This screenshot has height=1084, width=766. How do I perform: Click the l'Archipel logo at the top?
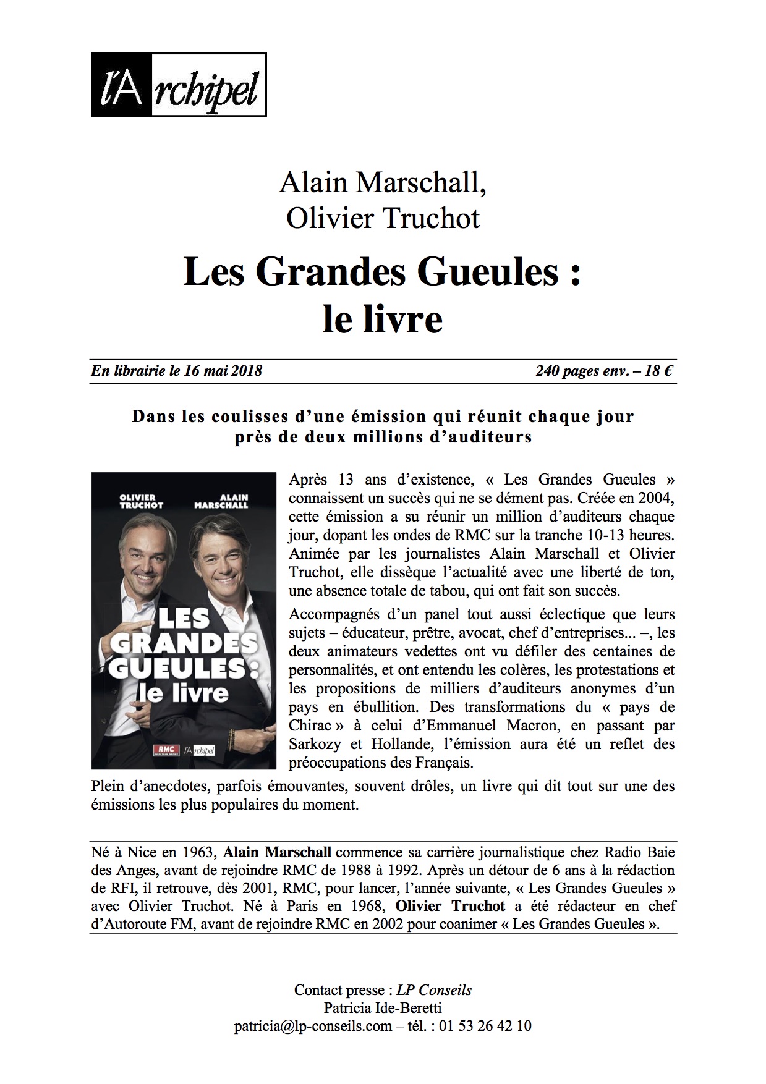coord(179,85)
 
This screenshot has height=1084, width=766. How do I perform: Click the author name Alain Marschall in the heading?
coord(383,183)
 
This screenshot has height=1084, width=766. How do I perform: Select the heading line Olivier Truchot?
coord(383,218)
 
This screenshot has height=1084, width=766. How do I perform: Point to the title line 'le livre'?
coord(383,320)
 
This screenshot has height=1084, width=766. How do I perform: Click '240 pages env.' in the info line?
coord(581,371)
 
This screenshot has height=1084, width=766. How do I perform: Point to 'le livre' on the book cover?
coord(184,693)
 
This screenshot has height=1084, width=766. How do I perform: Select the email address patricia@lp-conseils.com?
coord(313,1027)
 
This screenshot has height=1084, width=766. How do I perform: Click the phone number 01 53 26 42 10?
coord(485,1027)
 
